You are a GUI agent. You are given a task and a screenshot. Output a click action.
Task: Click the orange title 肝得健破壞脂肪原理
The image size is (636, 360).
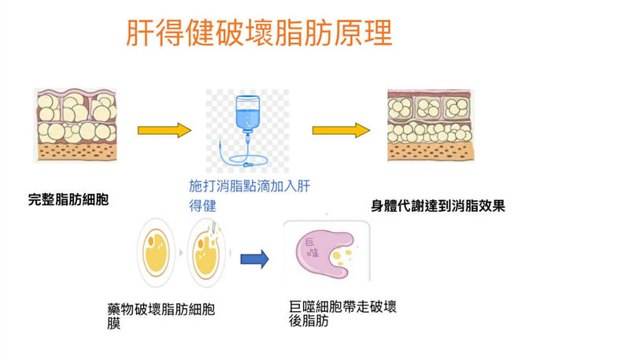[x=259, y=34]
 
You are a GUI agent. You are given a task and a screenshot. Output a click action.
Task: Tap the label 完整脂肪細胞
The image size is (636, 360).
[x=68, y=200]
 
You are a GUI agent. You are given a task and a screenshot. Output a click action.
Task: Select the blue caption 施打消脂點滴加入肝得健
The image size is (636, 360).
[x=250, y=195]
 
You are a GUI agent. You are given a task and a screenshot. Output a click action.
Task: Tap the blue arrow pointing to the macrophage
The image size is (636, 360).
[x=254, y=257]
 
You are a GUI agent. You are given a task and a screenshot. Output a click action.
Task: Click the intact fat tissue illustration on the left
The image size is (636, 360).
[x=76, y=125]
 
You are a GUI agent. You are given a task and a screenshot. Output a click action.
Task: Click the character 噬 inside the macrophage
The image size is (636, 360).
[x=315, y=252]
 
